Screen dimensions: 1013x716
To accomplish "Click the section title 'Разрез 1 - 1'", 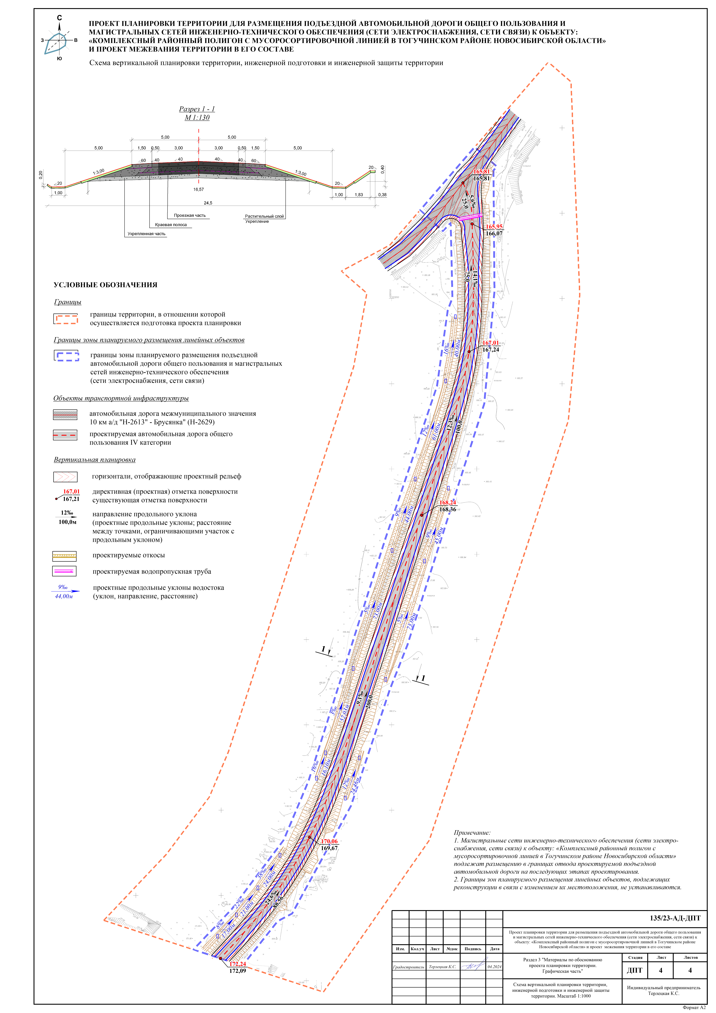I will point(197,109).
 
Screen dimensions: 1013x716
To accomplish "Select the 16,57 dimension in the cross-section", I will point(199,189).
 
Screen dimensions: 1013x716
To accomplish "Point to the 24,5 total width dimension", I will point(208,203).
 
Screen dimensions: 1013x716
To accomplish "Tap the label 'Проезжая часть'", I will point(190,215).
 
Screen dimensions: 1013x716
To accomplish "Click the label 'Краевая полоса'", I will point(171,225).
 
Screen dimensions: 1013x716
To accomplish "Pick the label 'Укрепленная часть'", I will point(146,234).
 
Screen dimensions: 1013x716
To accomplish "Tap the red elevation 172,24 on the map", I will point(237,964).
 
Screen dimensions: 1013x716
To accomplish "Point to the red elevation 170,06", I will point(329,841).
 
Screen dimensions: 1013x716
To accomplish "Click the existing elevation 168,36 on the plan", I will point(447,510).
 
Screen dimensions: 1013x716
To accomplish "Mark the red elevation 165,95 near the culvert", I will point(494,227).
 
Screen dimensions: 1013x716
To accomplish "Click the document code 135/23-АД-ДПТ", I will point(675,918).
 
